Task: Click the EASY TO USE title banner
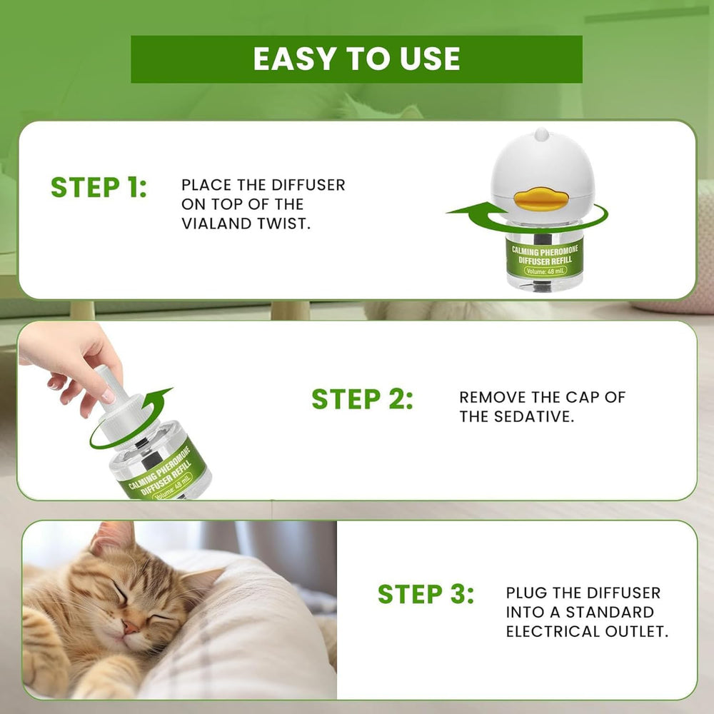(356, 59)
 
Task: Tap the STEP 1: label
(99, 187)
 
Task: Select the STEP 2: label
(363, 399)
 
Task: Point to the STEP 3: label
(426, 594)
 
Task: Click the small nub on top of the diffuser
(541, 134)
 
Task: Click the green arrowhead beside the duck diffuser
(466, 211)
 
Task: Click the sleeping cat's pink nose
(130, 628)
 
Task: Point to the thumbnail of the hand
(108, 396)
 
